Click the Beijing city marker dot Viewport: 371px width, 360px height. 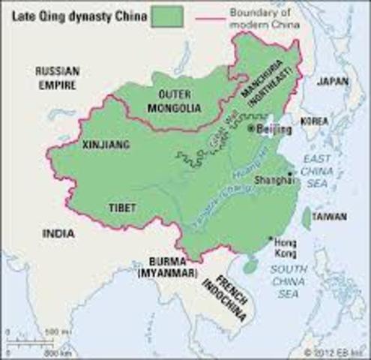coord(252,129)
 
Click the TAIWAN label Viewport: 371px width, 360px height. coord(331,217)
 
